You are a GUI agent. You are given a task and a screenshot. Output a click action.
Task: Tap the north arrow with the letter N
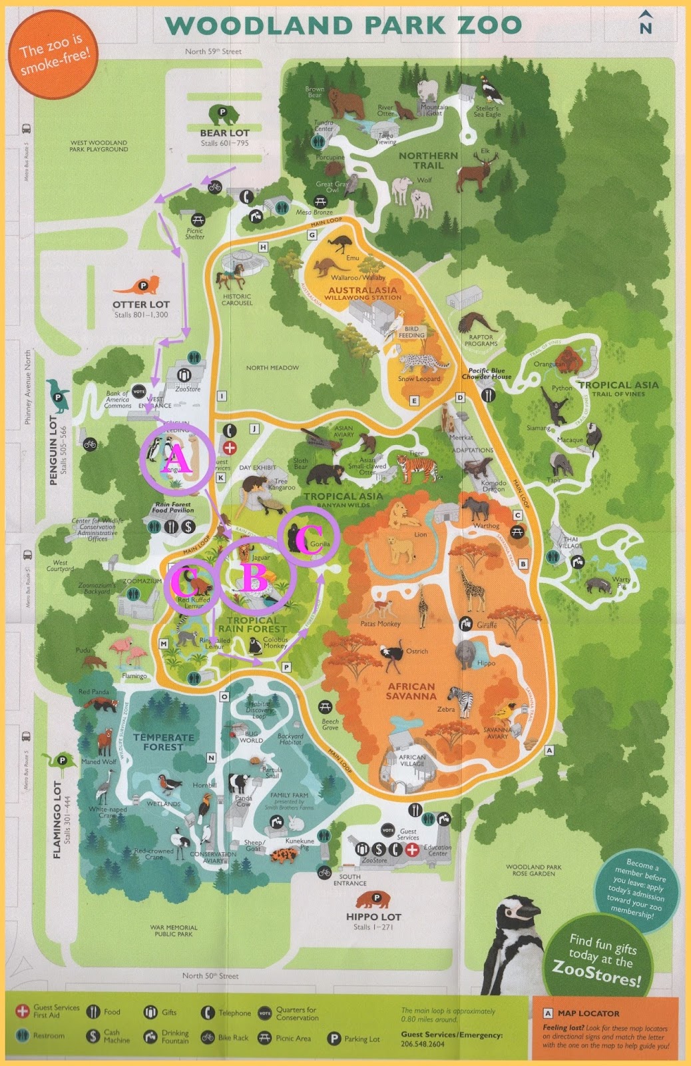[645, 23]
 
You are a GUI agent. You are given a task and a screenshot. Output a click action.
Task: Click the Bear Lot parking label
[224, 133]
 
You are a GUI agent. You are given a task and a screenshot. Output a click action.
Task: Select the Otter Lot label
[141, 304]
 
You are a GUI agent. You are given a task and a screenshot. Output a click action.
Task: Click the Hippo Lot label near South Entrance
[373, 916]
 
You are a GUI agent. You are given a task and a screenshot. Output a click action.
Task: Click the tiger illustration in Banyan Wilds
[417, 466]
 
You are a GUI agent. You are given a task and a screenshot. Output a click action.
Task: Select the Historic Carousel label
[237, 299]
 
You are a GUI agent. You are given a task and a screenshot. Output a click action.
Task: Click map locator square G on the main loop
[312, 235]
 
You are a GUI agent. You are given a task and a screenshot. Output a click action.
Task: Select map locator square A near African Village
[549, 750]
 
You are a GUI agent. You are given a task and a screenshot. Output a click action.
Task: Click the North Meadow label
[272, 368]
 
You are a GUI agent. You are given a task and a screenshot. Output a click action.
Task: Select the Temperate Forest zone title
[164, 742]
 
